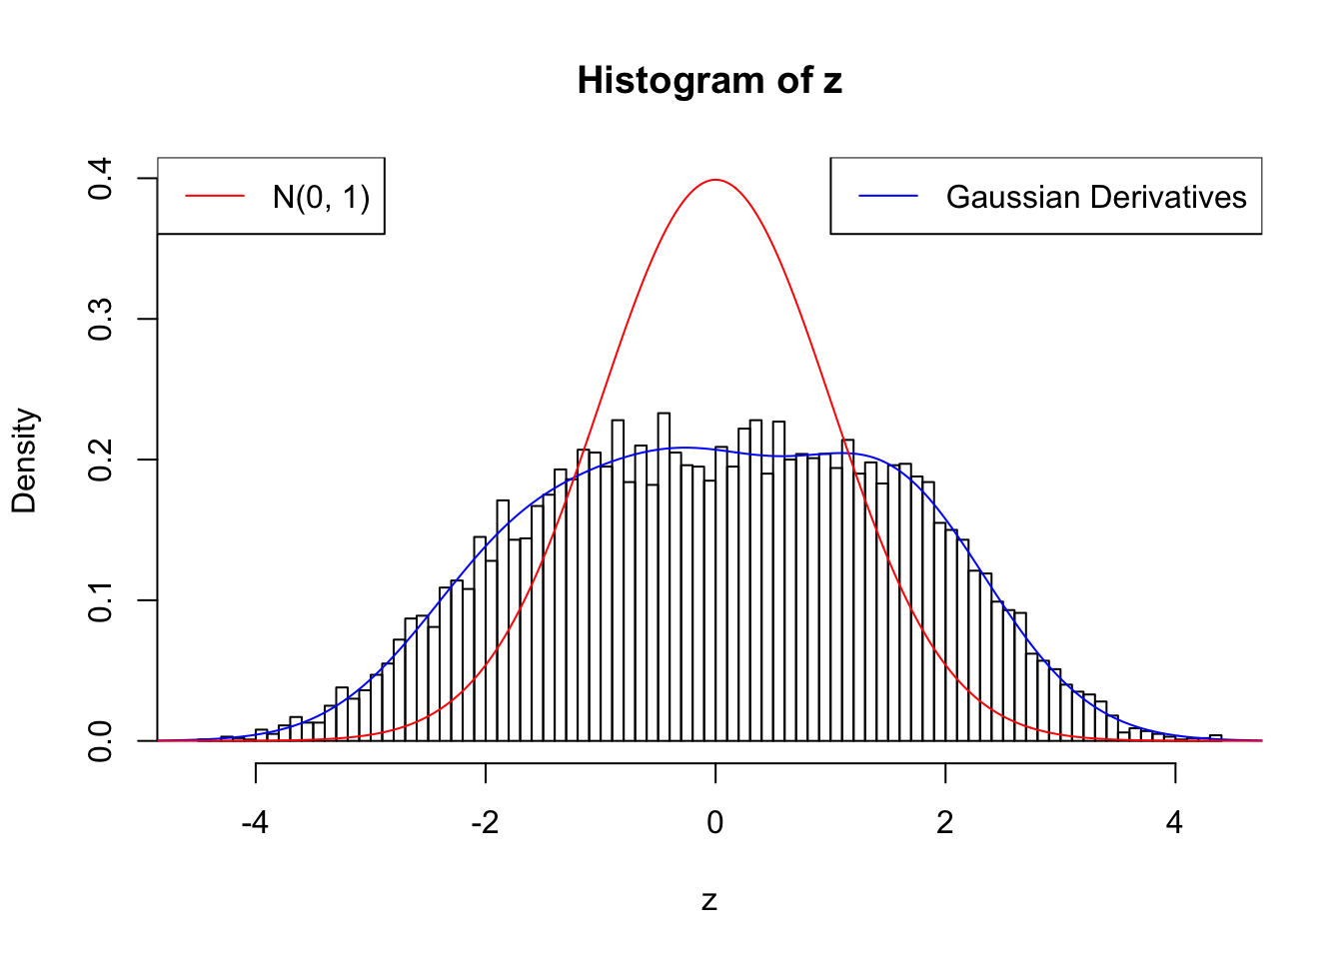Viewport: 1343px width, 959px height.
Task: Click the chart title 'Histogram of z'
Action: (709, 81)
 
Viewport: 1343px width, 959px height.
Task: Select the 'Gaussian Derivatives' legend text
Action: (1095, 198)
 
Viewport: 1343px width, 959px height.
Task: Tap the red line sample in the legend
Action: (215, 197)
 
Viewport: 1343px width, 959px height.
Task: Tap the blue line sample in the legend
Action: (888, 197)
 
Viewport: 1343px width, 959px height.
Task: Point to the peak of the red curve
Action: (715, 180)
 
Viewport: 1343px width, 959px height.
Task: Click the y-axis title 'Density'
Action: (24, 461)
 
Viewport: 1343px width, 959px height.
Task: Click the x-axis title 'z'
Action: (709, 901)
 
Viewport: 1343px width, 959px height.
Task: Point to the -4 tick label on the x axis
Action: (255, 823)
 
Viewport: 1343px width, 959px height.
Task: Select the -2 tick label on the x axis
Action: (485, 823)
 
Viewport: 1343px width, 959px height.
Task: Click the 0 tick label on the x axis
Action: (715, 823)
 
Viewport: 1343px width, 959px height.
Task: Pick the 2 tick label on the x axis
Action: (945, 823)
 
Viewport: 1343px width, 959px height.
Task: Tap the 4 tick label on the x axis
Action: (1175, 823)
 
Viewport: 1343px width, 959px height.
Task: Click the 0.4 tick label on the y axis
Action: (101, 179)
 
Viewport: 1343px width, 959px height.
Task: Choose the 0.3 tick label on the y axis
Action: (101, 320)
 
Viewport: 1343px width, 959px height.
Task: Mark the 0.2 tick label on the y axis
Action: (101, 461)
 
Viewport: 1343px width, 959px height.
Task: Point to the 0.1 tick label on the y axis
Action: (101, 600)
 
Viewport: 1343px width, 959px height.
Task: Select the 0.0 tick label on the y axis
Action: (101, 741)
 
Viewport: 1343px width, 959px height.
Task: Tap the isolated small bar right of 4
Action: (1215, 738)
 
